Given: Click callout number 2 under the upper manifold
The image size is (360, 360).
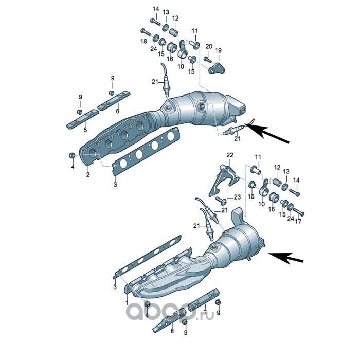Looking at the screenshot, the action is (88, 175).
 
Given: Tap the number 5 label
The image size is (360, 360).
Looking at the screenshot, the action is (85, 130).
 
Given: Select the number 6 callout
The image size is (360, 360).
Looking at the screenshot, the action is (118, 112).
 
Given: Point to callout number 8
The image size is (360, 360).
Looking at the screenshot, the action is (172, 331).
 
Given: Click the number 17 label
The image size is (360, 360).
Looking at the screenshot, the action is (298, 221).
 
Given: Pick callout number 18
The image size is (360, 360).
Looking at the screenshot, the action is (143, 41).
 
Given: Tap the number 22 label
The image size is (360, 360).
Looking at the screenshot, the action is (230, 155).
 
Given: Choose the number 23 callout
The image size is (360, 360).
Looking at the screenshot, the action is (237, 197).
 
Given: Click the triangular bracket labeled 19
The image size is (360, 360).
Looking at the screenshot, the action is (217, 68).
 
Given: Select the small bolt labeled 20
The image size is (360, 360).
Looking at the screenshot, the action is (208, 59).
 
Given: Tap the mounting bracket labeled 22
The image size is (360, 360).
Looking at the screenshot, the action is (224, 180).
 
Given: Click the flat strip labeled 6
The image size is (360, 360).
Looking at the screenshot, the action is (114, 100).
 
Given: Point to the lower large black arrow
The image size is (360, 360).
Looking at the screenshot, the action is (285, 257).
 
